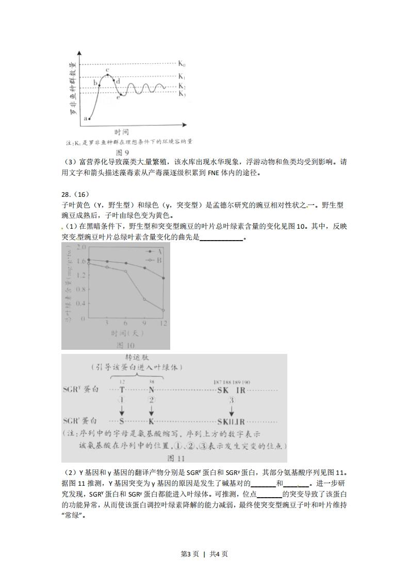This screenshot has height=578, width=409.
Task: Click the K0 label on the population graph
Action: pos(182,64)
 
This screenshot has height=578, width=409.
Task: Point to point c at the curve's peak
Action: pos(108,75)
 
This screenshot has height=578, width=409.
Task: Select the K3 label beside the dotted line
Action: pos(182,94)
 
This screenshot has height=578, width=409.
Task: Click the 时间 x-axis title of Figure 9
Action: pos(122,132)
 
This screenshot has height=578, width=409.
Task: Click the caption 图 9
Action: pos(122,152)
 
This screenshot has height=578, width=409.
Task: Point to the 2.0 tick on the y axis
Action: pos(81,248)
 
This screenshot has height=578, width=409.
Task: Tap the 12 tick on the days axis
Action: pos(163,323)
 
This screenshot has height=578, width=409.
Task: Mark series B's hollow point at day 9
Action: pos(144,299)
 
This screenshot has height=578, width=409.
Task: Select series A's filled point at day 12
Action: pos(163,278)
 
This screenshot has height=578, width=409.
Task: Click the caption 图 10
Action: pos(125,345)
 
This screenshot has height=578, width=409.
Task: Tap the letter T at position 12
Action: pos(122,390)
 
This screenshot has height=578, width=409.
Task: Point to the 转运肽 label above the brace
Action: pos(137,358)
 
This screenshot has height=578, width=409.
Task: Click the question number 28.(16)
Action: pos(75,194)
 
